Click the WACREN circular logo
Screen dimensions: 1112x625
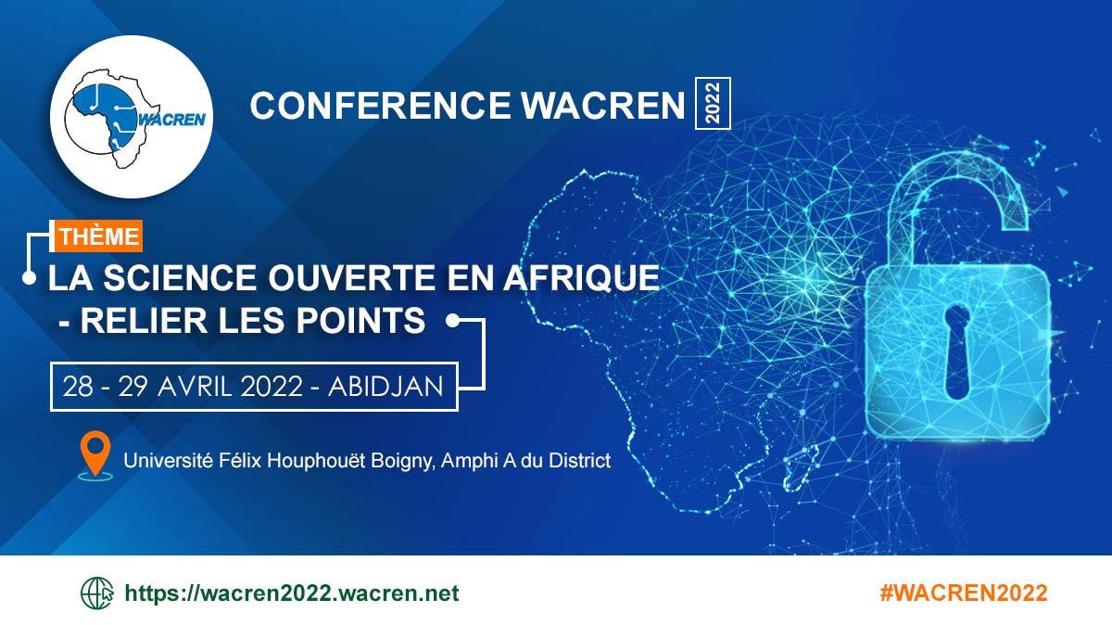click(x=132, y=117)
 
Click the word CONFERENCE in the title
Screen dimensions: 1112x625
click(x=380, y=106)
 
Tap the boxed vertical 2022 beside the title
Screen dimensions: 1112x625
click(x=713, y=103)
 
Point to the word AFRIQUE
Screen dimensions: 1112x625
click(x=581, y=277)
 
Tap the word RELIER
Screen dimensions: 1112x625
click(x=144, y=320)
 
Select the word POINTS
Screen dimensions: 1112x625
click(x=360, y=320)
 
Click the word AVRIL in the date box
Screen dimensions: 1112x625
click(x=195, y=387)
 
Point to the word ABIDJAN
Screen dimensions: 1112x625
click(x=385, y=387)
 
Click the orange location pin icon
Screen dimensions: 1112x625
click(x=95, y=455)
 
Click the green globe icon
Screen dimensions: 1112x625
click(x=96, y=593)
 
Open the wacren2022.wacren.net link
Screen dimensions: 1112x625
click(x=292, y=593)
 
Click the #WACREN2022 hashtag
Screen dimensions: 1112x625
click(x=964, y=593)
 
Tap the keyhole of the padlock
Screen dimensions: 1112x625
click(x=957, y=352)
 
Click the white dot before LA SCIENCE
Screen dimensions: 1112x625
click(x=30, y=277)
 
